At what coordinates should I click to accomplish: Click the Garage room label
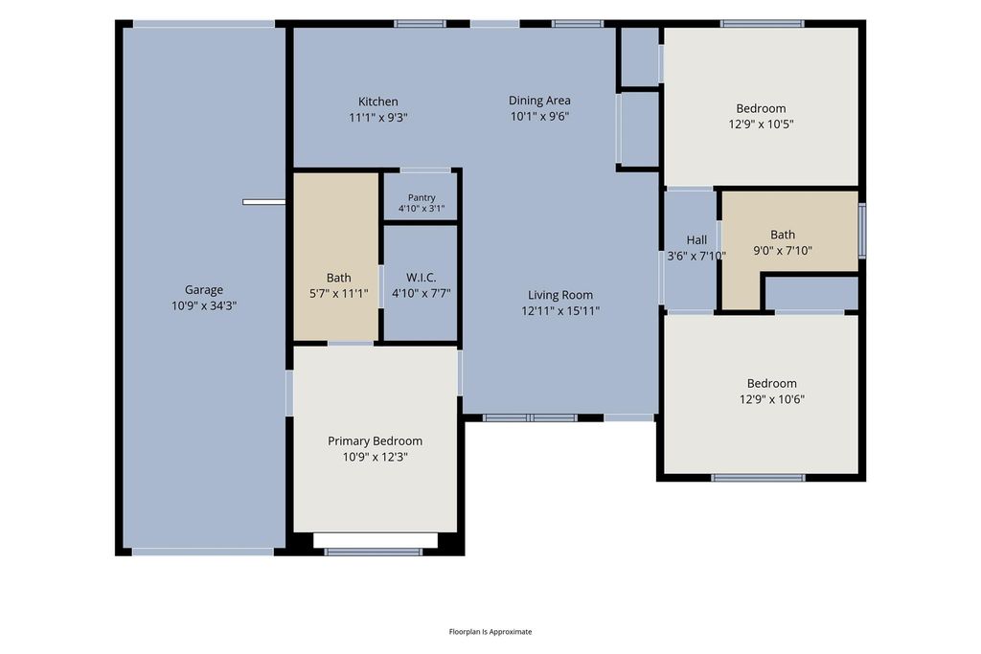coord(204,289)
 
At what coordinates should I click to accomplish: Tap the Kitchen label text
coord(377,101)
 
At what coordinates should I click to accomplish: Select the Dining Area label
coord(539,100)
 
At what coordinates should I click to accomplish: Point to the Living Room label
coord(559,295)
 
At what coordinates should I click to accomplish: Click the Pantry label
coord(422,197)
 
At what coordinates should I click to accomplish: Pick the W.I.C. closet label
coord(422,278)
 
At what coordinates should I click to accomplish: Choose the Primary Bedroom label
coord(375,441)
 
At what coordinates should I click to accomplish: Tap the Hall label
coord(696,240)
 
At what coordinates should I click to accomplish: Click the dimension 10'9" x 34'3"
coord(204,305)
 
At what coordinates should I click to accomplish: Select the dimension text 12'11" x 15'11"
coord(560,311)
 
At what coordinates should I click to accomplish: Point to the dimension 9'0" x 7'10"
coord(783,251)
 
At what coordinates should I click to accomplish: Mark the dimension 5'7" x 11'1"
coord(338,293)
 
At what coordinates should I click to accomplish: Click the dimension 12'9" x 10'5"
coord(761,124)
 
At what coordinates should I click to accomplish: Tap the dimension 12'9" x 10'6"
coord(771,399)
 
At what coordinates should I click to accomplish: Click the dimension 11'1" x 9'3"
coord(377,117)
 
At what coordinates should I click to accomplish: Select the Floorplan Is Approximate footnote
coord(490,631)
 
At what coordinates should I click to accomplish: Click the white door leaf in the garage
coord(264,202)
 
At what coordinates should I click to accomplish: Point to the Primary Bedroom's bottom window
coord(374,553)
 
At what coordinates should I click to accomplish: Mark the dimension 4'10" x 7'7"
coord(422,293)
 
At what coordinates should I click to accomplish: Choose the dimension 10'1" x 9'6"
coord(539,116)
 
